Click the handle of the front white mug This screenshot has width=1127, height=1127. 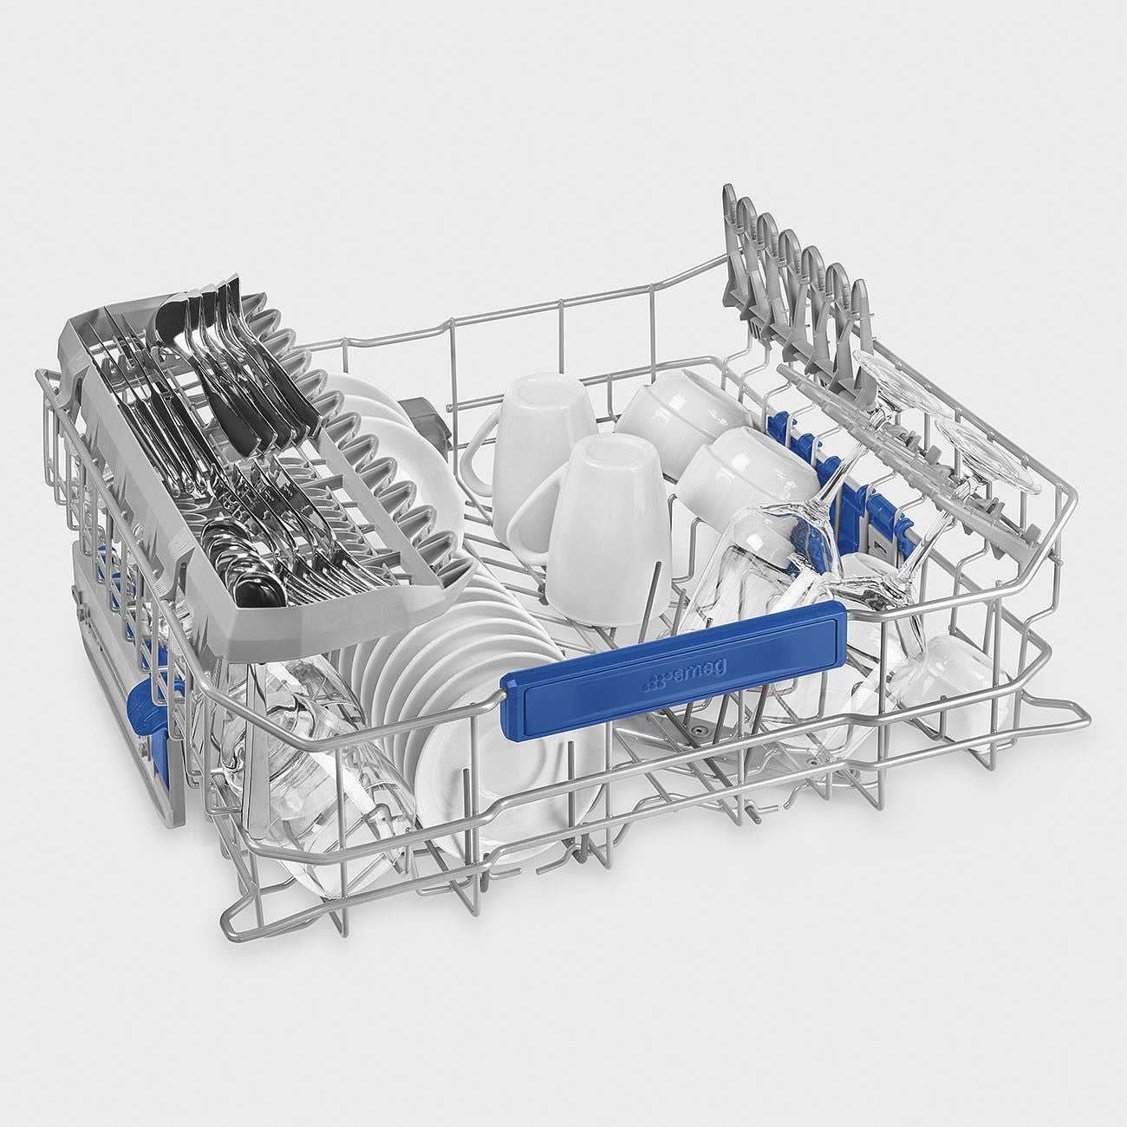tap(529, 510)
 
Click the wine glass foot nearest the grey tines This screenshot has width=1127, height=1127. tap(895, 386)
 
